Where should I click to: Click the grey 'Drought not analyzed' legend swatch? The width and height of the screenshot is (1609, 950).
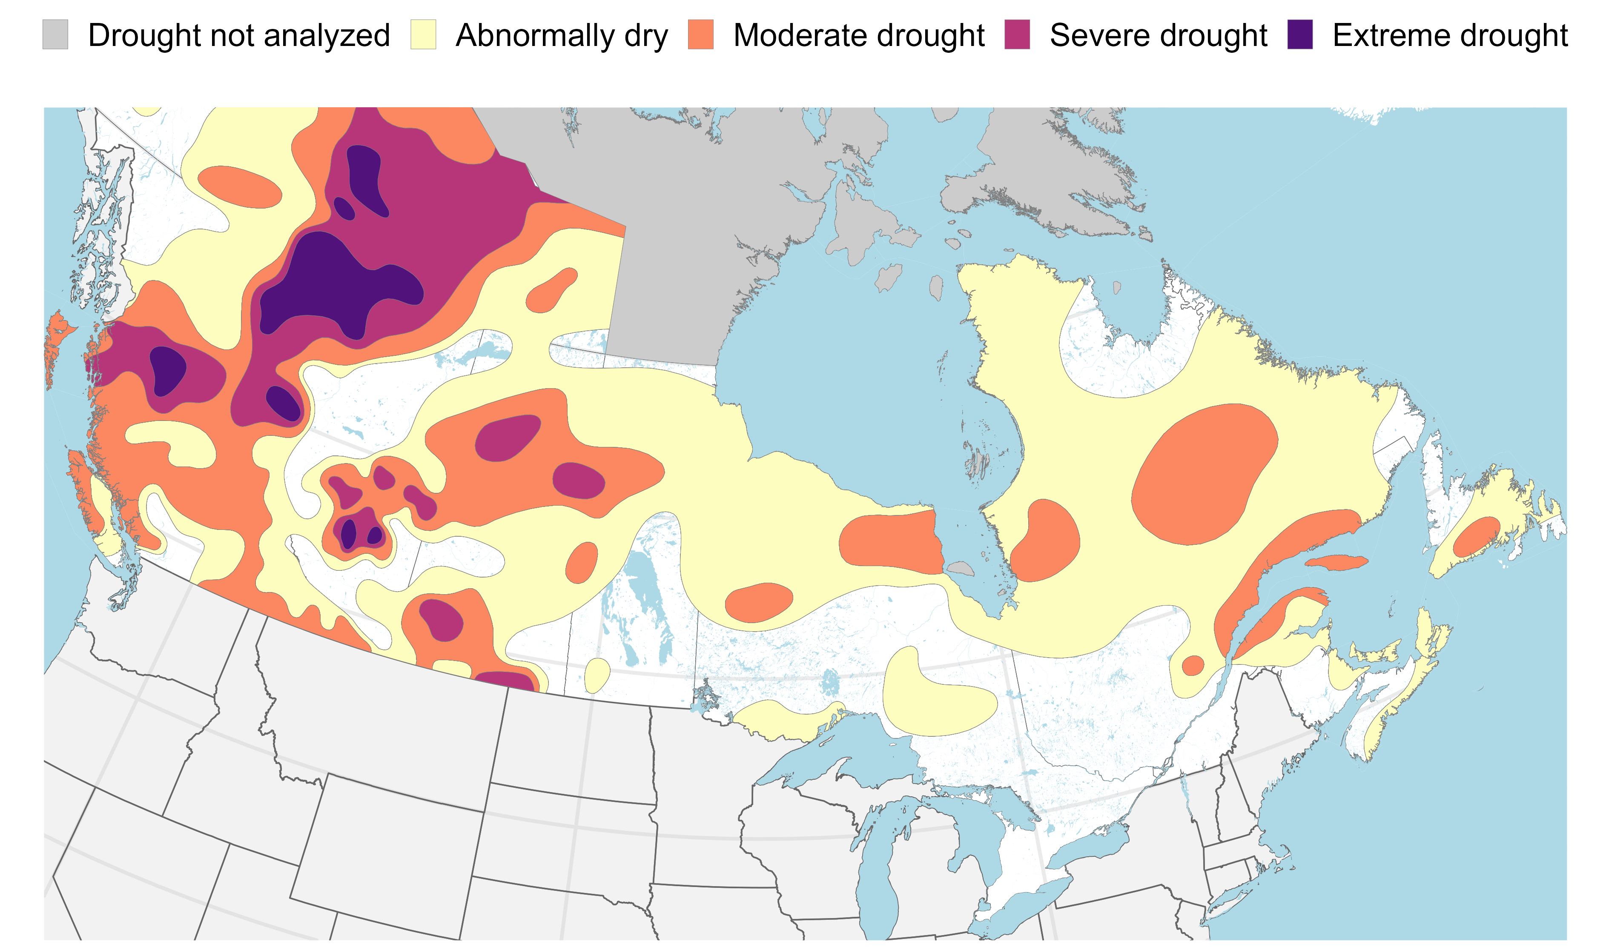(55, 34)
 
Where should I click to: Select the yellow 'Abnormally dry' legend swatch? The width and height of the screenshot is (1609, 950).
(423, 34)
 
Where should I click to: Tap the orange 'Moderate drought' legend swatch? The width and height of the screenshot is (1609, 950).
(700, 34)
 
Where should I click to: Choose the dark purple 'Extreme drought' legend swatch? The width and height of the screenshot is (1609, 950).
(1300, 34)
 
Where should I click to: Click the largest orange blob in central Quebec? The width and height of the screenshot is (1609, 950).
(1204, 474)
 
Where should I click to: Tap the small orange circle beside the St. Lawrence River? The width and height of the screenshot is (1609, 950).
(1192, 666)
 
